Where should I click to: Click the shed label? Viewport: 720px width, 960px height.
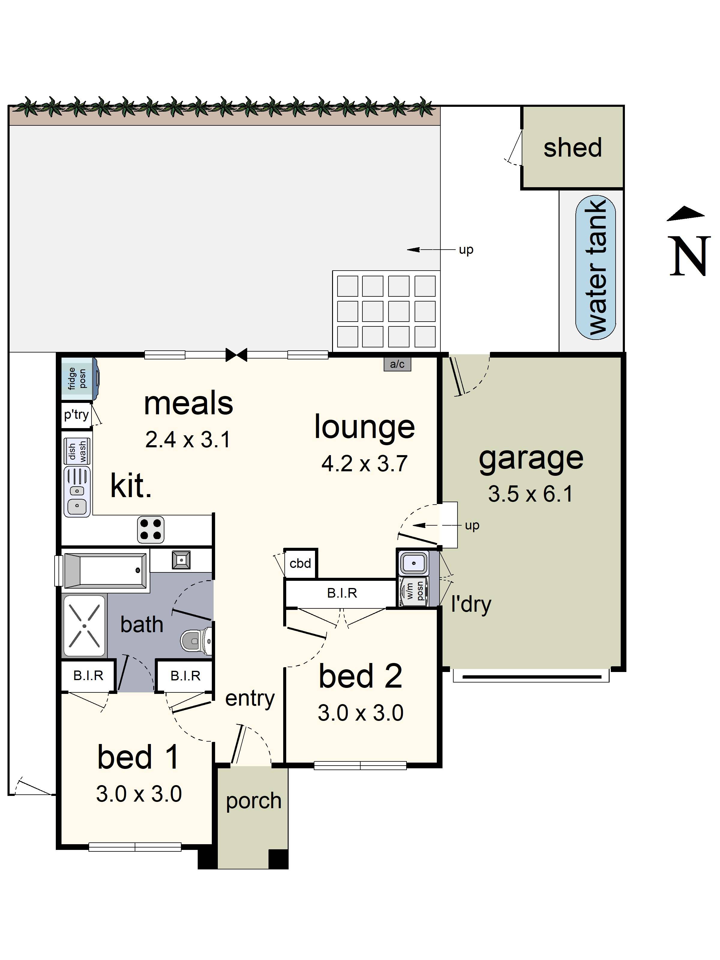pos(572,148)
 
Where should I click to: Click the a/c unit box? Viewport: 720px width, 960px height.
pos(397,364)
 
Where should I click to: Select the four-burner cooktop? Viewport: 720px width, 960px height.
pos(151,529)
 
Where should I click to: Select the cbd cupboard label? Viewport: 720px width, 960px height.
pos(300,563)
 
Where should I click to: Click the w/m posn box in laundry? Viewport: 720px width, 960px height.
pos(414,591)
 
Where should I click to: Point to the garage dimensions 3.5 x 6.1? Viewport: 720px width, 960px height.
pos(530,494)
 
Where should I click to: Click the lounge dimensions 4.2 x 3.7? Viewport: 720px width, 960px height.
pos(364,463)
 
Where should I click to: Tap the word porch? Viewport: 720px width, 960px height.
pos(253,801)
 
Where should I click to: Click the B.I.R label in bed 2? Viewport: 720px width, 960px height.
pos(342,593)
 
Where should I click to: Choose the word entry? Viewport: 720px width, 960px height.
pos(250,698)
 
